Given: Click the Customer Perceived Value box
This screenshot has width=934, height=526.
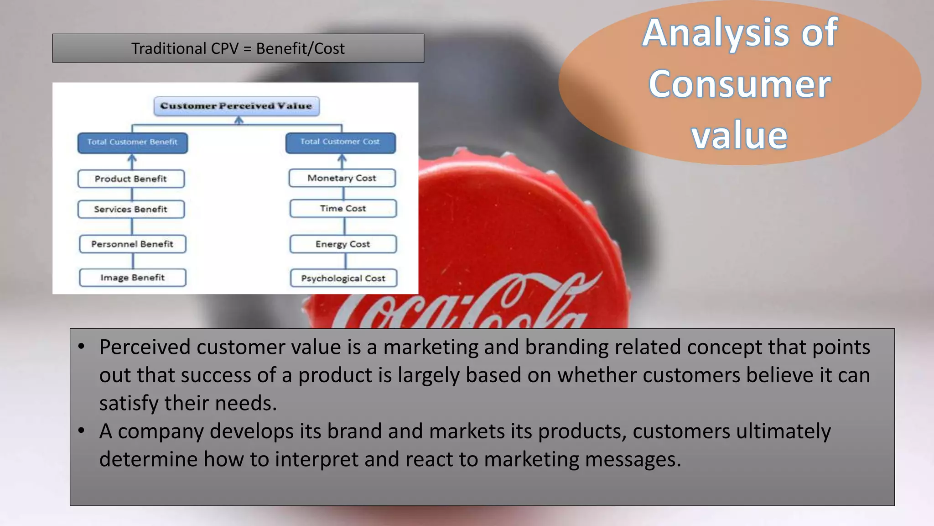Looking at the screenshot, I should (236, 106).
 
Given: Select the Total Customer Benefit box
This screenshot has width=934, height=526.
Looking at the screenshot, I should (132, 142).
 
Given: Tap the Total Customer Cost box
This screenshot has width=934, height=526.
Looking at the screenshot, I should (340, 142).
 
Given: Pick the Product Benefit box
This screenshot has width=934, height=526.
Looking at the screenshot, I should (131, 179).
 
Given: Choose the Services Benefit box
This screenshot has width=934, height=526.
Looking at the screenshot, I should (131, 210).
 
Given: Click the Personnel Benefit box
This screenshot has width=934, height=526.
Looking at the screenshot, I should (132, 244).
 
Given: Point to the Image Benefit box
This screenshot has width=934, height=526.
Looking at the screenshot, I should (132, 278).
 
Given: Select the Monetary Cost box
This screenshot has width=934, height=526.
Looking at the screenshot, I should (342, 178).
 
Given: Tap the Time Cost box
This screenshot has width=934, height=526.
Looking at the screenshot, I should (343, 209).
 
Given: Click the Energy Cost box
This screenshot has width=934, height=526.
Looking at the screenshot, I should (343, 244).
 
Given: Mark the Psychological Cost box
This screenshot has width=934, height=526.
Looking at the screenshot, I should (343, 279).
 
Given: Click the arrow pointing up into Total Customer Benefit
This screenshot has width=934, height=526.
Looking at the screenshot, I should (132, 161).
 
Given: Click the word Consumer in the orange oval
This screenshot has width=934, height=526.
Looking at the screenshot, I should (739, 84).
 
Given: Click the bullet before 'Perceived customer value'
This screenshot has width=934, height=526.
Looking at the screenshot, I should (81, 347).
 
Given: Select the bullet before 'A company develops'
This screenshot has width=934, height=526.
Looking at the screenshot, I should (81, 431).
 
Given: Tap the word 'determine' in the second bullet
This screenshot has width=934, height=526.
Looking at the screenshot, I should (148, 459).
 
